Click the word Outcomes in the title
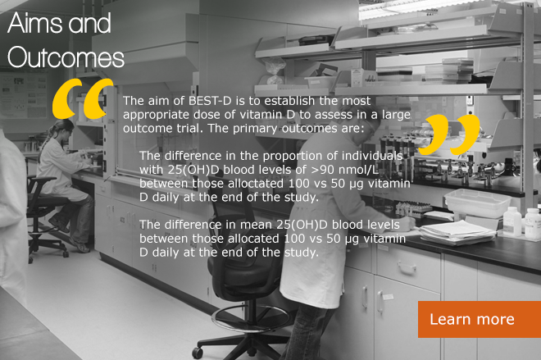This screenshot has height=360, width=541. (66, 57)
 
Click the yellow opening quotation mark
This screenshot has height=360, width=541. (83, 98)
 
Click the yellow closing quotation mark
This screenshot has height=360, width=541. (449, 134)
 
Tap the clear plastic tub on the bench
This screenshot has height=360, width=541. (478, 203)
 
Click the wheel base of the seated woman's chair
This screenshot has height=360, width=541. (48, 247)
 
